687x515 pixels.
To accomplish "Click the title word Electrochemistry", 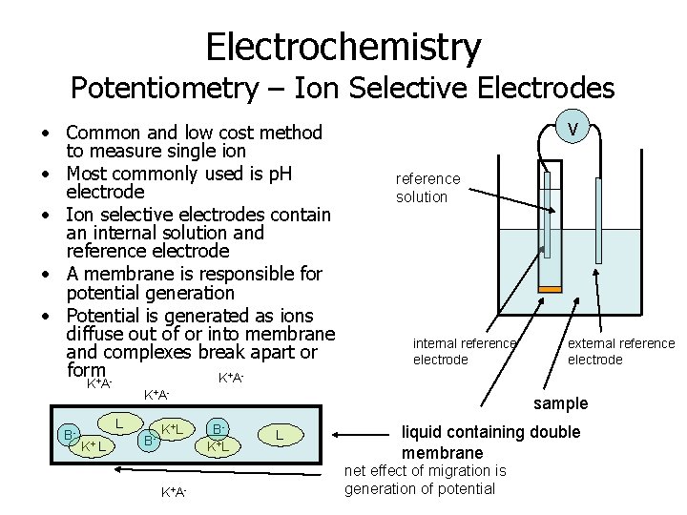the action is pyautogui.click(x=343, y=45).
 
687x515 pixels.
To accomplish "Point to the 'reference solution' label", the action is pyautogui.click(x=427, y=188).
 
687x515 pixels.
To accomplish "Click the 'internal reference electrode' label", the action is pyautogui.click(x=465, y=351).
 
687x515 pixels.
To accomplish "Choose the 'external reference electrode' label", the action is pyautogui.click(x=620, y=351).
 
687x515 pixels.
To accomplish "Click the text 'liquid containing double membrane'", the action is pyautogui.click(x=490, y=442).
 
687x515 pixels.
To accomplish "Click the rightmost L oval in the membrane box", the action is pyautogui.click(x=278, y=436).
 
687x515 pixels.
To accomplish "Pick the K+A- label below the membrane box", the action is pyautogui.click(x=174, y=492).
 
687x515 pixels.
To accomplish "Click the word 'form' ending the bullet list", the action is pyautogui.click(x=86, y=369).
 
